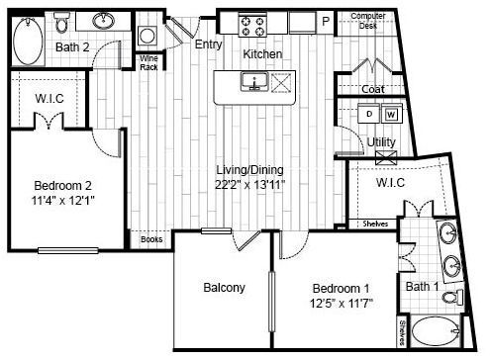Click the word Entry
point(209,44)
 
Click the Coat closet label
point(373,89)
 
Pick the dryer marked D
point(370,114)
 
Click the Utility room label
point(382,141)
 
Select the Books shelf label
point(151,239)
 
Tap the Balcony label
point(224,288)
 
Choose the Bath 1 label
point(422,287)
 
